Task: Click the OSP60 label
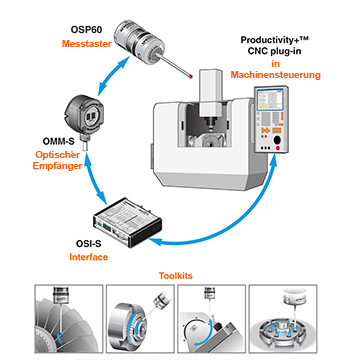pos(86,29)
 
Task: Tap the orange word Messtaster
pos(87,44)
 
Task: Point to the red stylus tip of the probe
pos(190,77)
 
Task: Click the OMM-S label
pos(58,141)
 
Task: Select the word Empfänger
pos(57,166)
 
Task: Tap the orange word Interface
pos(89,257)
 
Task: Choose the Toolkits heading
pos(176,276)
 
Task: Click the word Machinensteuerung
pos(275,75)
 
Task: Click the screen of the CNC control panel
pos(270,100)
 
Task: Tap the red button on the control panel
pos(278,148)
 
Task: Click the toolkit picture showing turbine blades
pos(69,319)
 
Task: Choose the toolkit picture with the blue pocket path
pos(283,319)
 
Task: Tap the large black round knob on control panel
pos(277,140)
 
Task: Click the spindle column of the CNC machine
pos(210,94)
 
